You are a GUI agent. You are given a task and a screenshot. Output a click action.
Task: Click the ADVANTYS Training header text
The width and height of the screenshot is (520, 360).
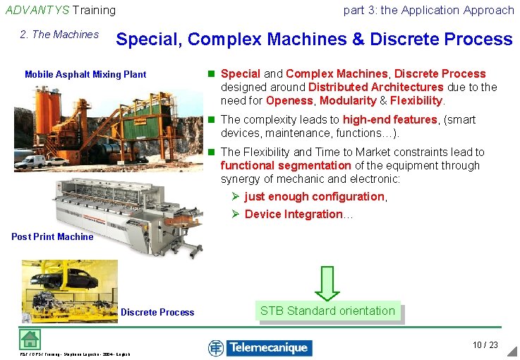[x=60, y=10]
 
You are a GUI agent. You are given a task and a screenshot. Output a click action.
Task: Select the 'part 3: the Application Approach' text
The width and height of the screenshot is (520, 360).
[x=428, y=10]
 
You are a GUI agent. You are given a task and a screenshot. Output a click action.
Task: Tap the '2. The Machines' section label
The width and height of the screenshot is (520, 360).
[x=60, y=35]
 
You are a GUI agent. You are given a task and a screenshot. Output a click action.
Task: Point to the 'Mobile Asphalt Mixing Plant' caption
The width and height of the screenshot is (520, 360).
[x=85, y=74]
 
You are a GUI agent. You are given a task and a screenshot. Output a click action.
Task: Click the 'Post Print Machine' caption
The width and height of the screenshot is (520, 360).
[x=52, y=236]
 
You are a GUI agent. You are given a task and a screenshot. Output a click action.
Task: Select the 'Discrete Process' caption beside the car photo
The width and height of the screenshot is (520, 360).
[x=157, y=312]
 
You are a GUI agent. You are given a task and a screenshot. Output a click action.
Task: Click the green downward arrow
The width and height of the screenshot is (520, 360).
[x=327, y=282]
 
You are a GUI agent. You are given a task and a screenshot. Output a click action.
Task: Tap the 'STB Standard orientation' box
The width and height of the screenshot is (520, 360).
[x=327, y=311]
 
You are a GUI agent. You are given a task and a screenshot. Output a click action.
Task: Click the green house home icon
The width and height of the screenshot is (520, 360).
[x=29, y=339]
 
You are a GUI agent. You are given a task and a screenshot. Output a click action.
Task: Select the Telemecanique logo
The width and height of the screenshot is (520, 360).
[x=260, y=347]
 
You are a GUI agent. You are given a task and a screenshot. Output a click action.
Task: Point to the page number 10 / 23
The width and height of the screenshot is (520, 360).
[x=485, y=345]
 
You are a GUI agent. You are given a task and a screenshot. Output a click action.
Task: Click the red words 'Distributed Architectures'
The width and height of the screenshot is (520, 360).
[x=376, y=87]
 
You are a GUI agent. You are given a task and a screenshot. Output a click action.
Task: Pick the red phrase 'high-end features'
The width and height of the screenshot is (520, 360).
[x=389, y=120]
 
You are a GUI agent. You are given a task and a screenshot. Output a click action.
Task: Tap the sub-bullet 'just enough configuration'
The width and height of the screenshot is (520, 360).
[x=315, y=196]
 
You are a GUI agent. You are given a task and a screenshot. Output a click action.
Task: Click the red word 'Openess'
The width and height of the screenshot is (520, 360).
[x=289, y=100]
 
